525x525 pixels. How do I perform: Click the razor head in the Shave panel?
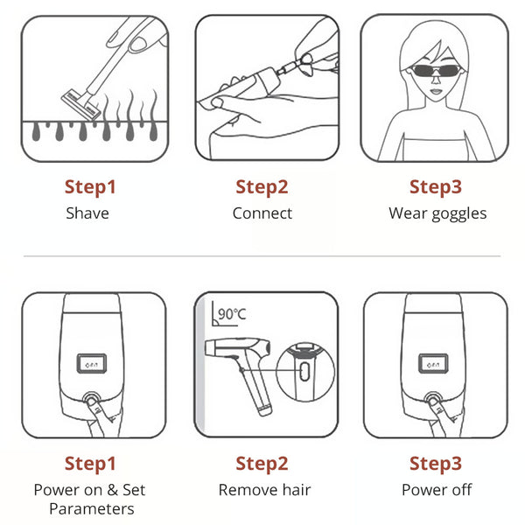[81, 104]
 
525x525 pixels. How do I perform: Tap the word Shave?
[87, 213]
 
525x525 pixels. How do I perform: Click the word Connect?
[262, 213]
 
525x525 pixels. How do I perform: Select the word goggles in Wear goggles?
[459, 214]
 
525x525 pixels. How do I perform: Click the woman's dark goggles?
[435, 71]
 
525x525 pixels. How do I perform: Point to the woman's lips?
[436, 91]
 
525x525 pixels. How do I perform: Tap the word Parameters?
[92, 509]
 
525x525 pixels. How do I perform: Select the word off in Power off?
[462, 489]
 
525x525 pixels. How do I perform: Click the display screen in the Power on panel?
[92, 364]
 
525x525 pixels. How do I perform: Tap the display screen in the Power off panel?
[433, 364]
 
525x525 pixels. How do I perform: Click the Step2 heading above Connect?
[262, 187]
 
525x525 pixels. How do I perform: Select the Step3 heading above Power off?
[436, 464]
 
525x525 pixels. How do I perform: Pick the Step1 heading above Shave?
[90, 187]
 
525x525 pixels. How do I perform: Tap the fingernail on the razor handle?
[138, 45]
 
